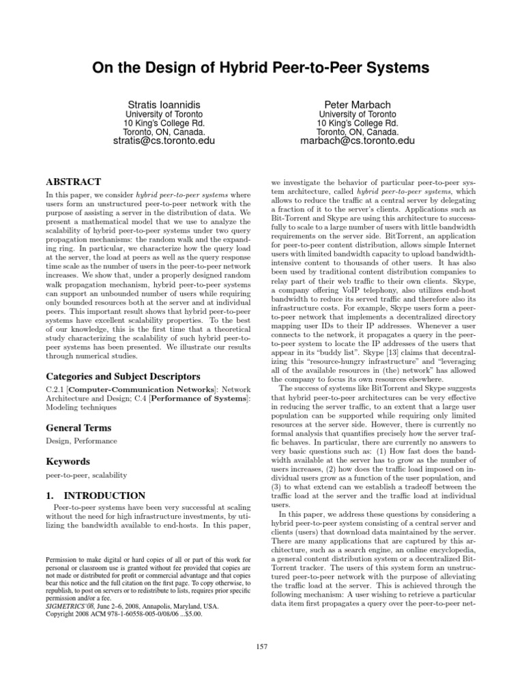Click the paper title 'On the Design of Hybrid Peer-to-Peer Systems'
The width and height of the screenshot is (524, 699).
click(x=261, y=68)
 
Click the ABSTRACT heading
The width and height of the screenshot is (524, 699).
click(x=73, y=182)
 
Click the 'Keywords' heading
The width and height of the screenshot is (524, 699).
click(x=68, y=461)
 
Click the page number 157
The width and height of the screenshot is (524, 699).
click(x=262, y=646)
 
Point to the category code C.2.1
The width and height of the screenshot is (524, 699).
click(x=56, y=388)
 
